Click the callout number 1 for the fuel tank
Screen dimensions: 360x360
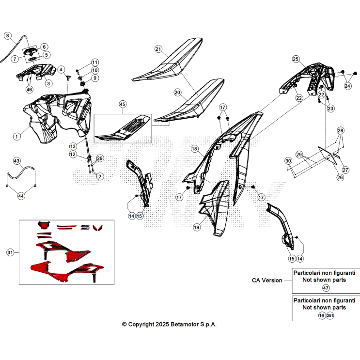[16, 137]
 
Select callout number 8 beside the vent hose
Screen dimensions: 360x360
[8, 35]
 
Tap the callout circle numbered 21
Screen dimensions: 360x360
[158, 49]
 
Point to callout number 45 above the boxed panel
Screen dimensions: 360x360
[123, 104]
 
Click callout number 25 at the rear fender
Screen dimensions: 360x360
[296, 59]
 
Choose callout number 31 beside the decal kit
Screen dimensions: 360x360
[10, 252]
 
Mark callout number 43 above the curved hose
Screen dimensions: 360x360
[17, 161]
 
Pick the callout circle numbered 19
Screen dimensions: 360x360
[197, 227]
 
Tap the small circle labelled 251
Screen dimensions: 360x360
[330, 316]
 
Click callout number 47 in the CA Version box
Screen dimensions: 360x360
[326, 288]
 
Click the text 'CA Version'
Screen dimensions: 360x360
[267, 281]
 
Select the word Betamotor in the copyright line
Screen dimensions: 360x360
[185, 325]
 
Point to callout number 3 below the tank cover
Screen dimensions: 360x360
[48, 83]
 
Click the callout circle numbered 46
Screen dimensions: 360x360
[29, 89]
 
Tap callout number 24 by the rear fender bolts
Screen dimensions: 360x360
[347, 86]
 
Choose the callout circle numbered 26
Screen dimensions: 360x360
[340, 177]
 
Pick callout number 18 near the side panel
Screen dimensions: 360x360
[194, 149]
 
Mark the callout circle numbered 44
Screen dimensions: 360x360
[21, 196]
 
